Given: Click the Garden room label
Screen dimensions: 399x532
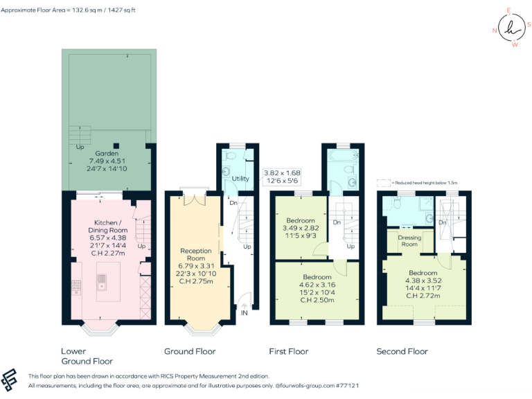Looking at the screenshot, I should click(107, 153).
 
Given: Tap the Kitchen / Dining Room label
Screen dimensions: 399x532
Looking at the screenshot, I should click(107, 226).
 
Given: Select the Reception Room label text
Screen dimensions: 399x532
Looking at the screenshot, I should click(195, 254).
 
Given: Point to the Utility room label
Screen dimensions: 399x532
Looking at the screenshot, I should click(240, 179).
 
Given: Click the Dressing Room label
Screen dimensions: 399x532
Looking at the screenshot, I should click(409, 240).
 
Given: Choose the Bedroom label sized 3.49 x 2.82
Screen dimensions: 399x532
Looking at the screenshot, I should click(301, 220).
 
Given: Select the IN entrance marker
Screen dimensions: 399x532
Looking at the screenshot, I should click(243, 313).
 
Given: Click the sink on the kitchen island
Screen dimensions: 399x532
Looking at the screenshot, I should click(102, 281).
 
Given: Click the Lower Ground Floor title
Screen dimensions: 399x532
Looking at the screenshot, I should click(87, 356).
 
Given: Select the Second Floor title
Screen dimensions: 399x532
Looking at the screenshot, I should click(402, 351).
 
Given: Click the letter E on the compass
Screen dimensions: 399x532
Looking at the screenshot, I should click(508, 11).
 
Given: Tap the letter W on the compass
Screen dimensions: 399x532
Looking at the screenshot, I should click(514, 45).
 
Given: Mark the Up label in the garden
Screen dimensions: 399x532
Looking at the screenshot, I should click(80, 147).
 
